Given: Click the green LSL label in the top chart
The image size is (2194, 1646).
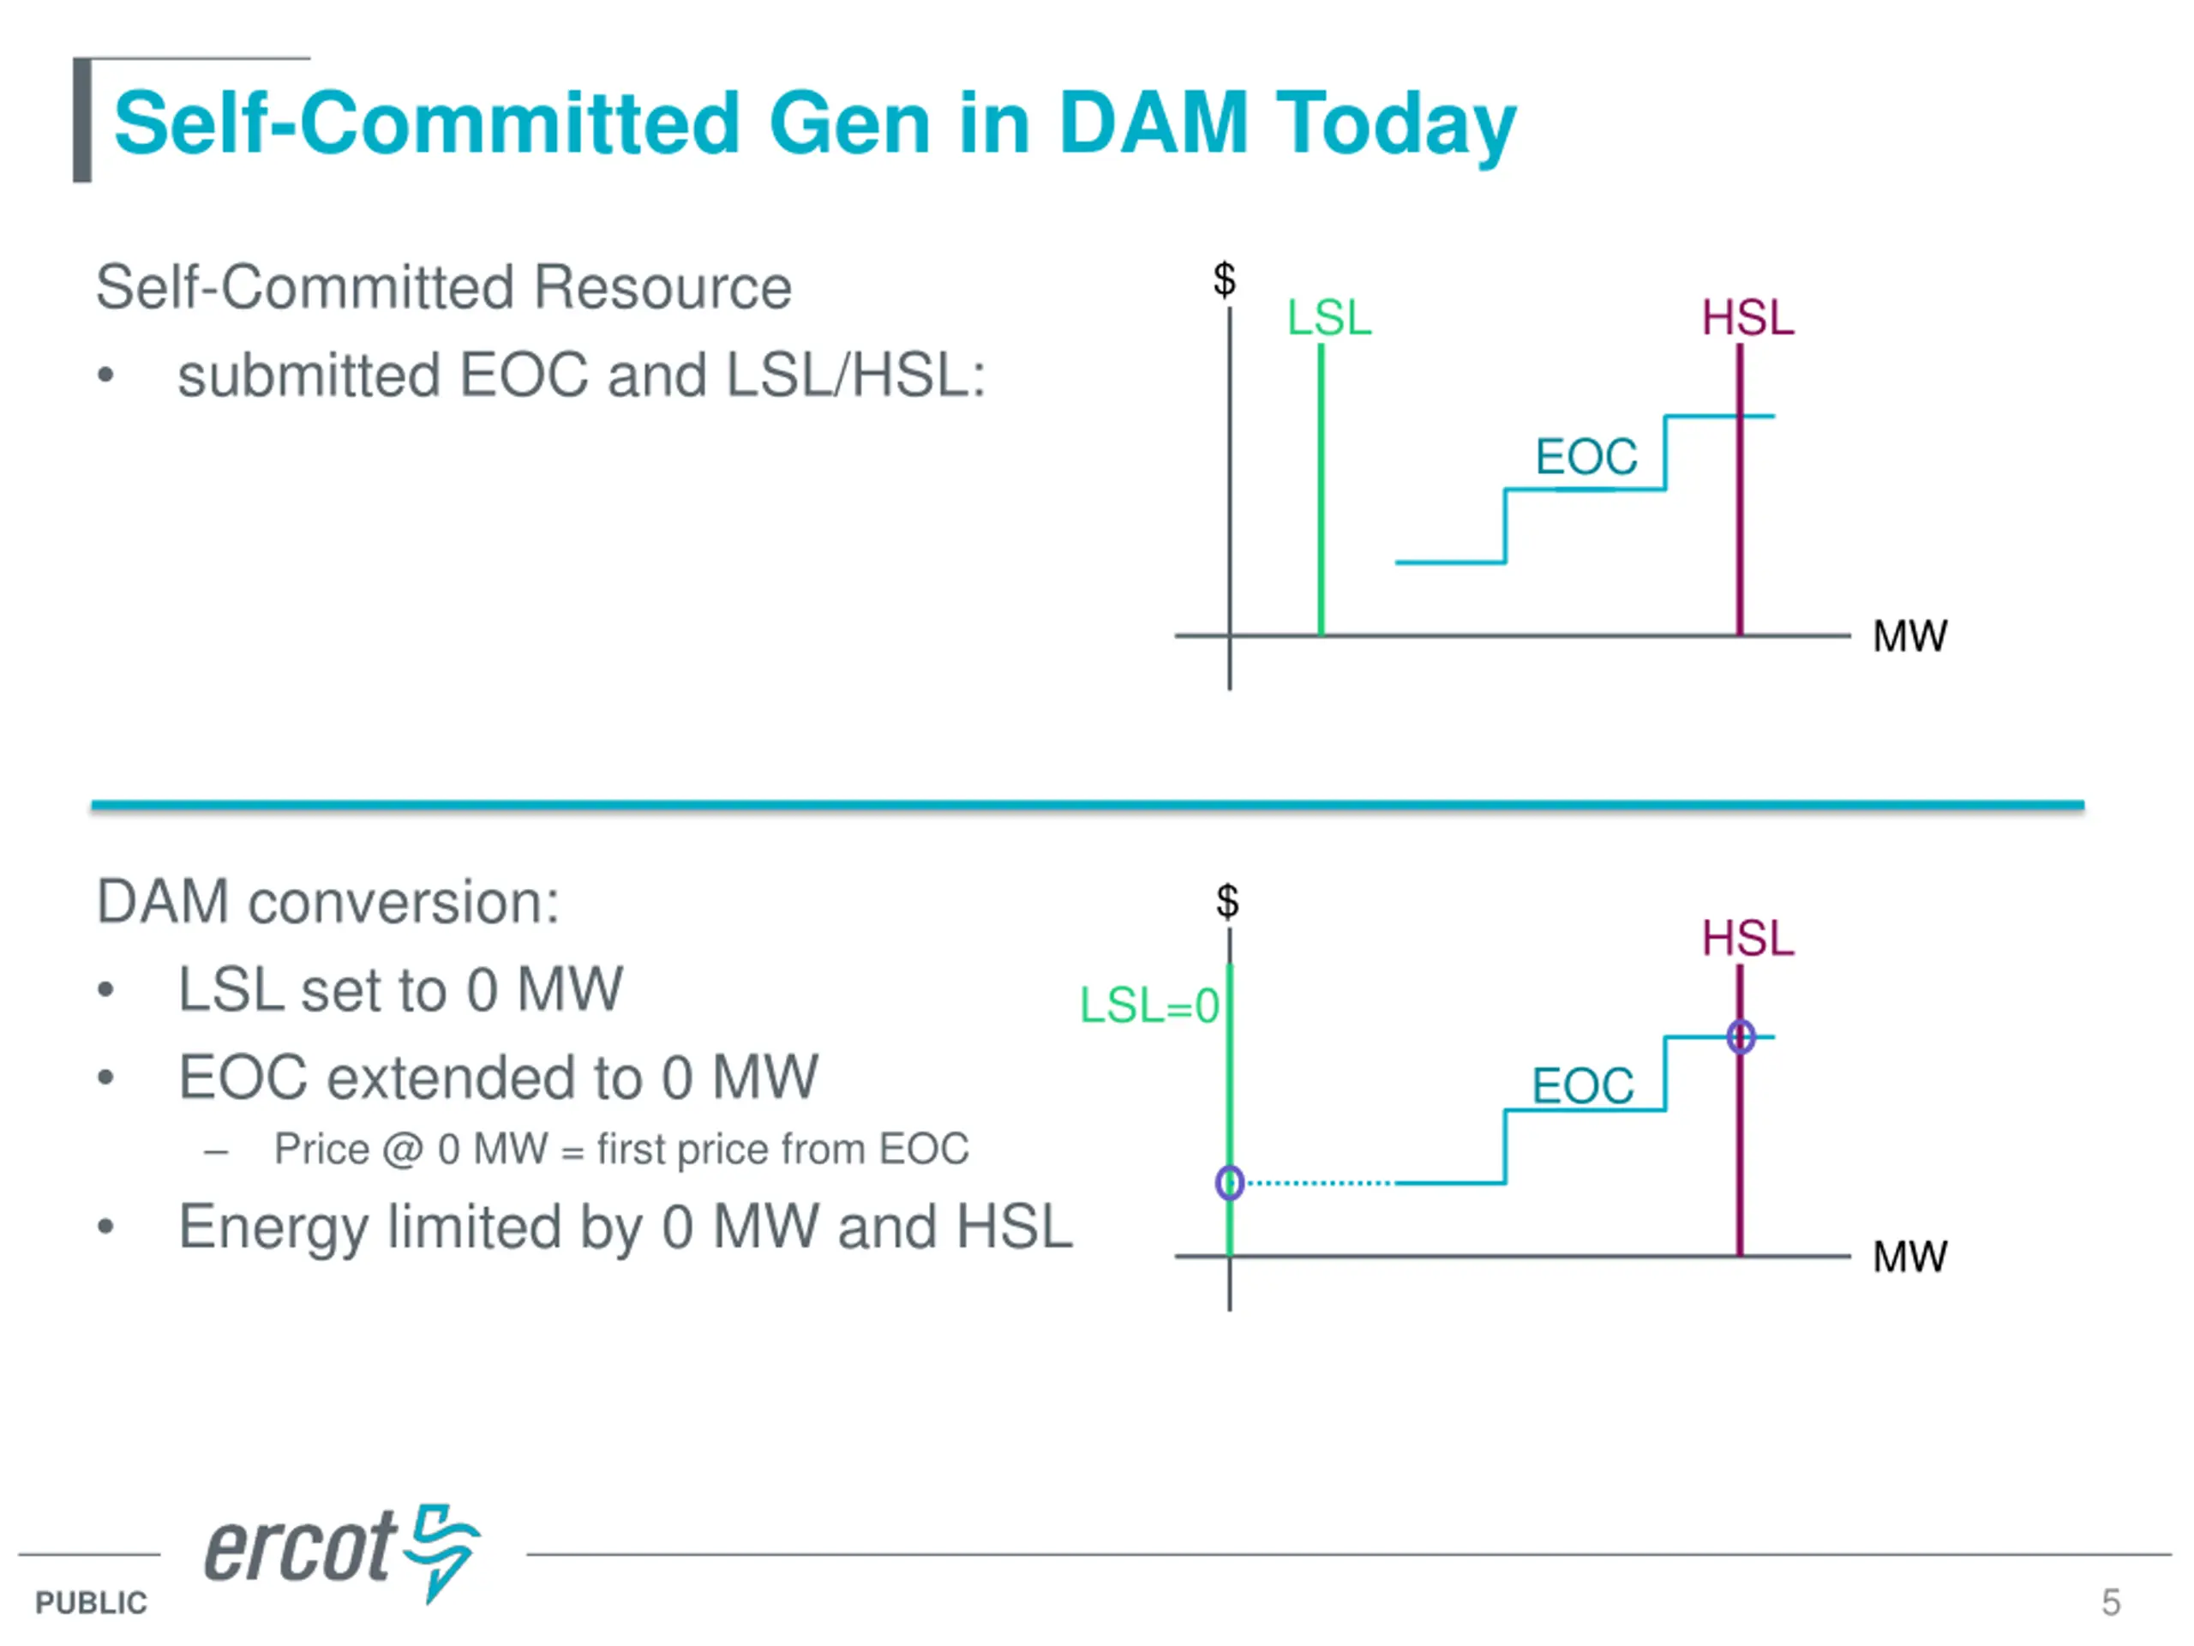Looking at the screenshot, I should (1328, 319).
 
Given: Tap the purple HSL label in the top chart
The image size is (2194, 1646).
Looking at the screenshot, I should (1747, 319).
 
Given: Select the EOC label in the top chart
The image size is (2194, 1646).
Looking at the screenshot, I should (1586, 458).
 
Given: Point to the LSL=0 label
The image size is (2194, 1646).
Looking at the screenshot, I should (1148, 1006).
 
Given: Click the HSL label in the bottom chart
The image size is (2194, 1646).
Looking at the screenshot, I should (1747, 939).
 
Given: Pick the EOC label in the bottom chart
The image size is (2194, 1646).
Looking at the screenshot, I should (1583, 1085).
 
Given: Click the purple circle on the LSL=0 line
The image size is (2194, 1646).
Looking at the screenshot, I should (1230, 1183).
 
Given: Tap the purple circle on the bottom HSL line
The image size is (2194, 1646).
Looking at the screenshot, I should (1741, 1036).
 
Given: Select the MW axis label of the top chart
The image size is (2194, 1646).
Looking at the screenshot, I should (1909, 636).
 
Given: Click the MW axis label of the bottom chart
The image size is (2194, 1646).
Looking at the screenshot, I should (1909, 1257).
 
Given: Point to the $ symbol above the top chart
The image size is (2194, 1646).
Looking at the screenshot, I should (1225, 279).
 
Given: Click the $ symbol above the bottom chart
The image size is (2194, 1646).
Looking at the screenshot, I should (1227, 901).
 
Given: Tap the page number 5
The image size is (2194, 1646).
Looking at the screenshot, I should (2111, 1602).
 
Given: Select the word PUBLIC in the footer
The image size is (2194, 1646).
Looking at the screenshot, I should (91, 1603).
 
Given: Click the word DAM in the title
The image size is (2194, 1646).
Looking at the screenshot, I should (1153, 124).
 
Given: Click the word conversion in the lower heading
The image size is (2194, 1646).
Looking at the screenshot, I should (402, 903).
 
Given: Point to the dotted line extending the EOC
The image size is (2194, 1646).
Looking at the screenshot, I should (1319, 1183).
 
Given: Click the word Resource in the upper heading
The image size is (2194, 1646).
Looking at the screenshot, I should (662, 288).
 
